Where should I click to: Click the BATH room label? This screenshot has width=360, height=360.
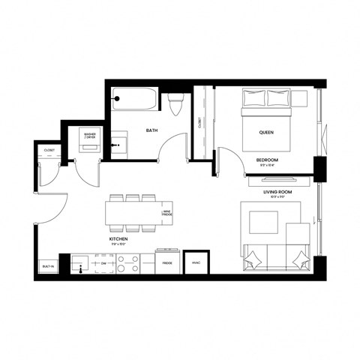point(152,130)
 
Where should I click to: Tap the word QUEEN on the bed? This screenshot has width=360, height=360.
point(266,131)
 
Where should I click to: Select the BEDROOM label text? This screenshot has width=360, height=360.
point(267,160)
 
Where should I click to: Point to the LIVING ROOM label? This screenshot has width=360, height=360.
point(277,192)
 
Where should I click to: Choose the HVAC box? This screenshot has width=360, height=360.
point(196,263)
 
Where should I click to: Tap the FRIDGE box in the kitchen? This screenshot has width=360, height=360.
point(167,263)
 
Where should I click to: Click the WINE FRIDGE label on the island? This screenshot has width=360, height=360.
point(167,214)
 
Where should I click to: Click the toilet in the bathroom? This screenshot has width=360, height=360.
point(175,105)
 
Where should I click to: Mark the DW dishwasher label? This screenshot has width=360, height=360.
point(104,264)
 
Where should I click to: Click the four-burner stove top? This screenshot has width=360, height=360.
point(127,264)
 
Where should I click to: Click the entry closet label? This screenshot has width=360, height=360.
point(49,150)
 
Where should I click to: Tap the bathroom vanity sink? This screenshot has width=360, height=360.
point(116,141)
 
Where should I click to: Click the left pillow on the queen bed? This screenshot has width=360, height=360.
point(254,97)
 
